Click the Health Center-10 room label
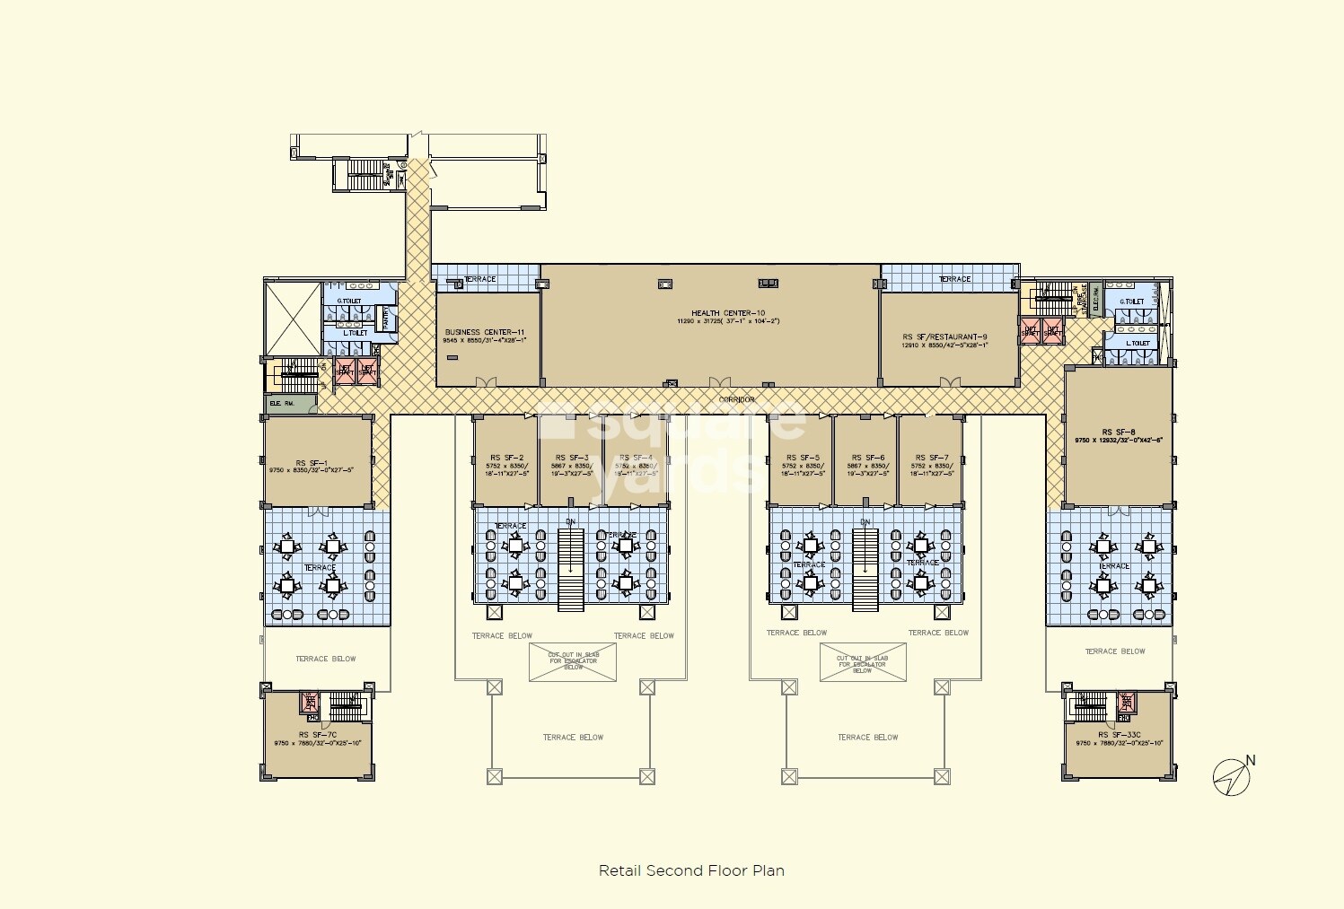point(727,313)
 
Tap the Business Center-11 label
point(485,332)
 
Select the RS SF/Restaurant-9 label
point(944,337)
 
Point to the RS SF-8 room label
point(1118,432)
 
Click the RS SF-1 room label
point(312,463)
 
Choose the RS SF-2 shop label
point(507,458)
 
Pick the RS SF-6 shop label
point(867,458)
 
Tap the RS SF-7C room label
point(318,735)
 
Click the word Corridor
point(736,399)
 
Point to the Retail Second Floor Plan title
point(691,870)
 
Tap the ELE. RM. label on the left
point(282,404)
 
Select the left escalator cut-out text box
point(573,661)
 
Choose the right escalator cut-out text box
point(862,663)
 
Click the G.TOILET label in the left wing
point(349,302)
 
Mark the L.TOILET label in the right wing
point(1138,343)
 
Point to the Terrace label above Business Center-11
point(479,279)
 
